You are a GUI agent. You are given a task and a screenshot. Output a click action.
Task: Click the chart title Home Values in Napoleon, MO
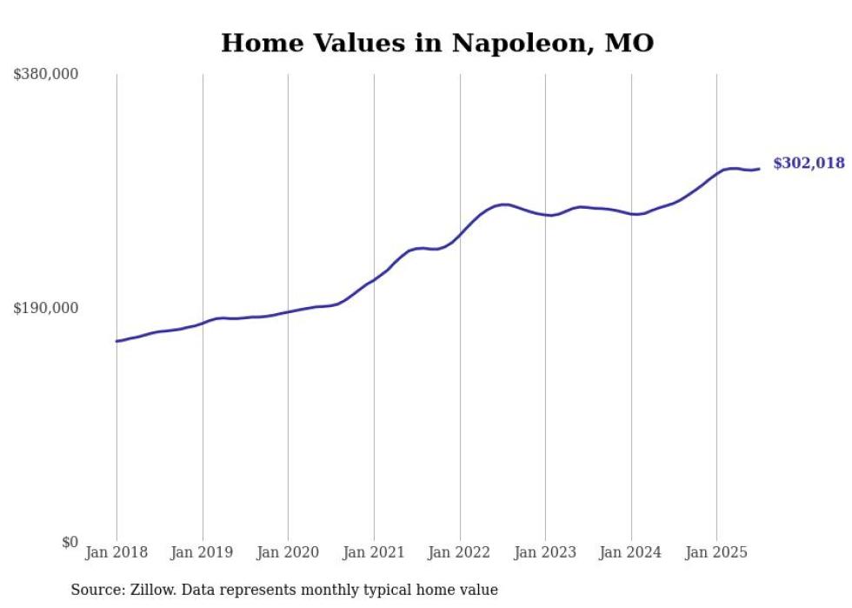point(436,43)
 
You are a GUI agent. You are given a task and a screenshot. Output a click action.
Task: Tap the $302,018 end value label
point(809,163)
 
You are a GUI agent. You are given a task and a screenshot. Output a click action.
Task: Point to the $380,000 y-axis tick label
point(46,75)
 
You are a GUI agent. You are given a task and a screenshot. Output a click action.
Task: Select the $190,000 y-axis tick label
point(46,308)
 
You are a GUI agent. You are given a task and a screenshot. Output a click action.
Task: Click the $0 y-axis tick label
point(70,542)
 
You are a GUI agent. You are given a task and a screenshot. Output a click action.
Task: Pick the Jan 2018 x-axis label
point(116,552)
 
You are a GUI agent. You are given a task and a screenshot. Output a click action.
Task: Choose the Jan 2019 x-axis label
point(203,552)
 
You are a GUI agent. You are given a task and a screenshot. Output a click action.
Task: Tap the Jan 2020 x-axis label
point(288,552)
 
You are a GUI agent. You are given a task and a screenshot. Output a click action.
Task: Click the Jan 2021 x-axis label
point(374,552)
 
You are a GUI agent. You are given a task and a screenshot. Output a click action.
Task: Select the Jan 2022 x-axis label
point(459,552)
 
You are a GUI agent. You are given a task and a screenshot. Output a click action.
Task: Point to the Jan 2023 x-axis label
point(545,552)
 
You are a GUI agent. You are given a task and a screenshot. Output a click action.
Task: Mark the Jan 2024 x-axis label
point(631,552)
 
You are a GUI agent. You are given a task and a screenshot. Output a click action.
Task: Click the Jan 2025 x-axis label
point(716,552)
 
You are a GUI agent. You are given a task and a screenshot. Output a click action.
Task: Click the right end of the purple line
point(759,169)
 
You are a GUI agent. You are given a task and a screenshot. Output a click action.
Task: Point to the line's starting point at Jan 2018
point(116,341)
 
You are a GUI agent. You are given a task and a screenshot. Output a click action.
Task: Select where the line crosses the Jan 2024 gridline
point(631,214)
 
